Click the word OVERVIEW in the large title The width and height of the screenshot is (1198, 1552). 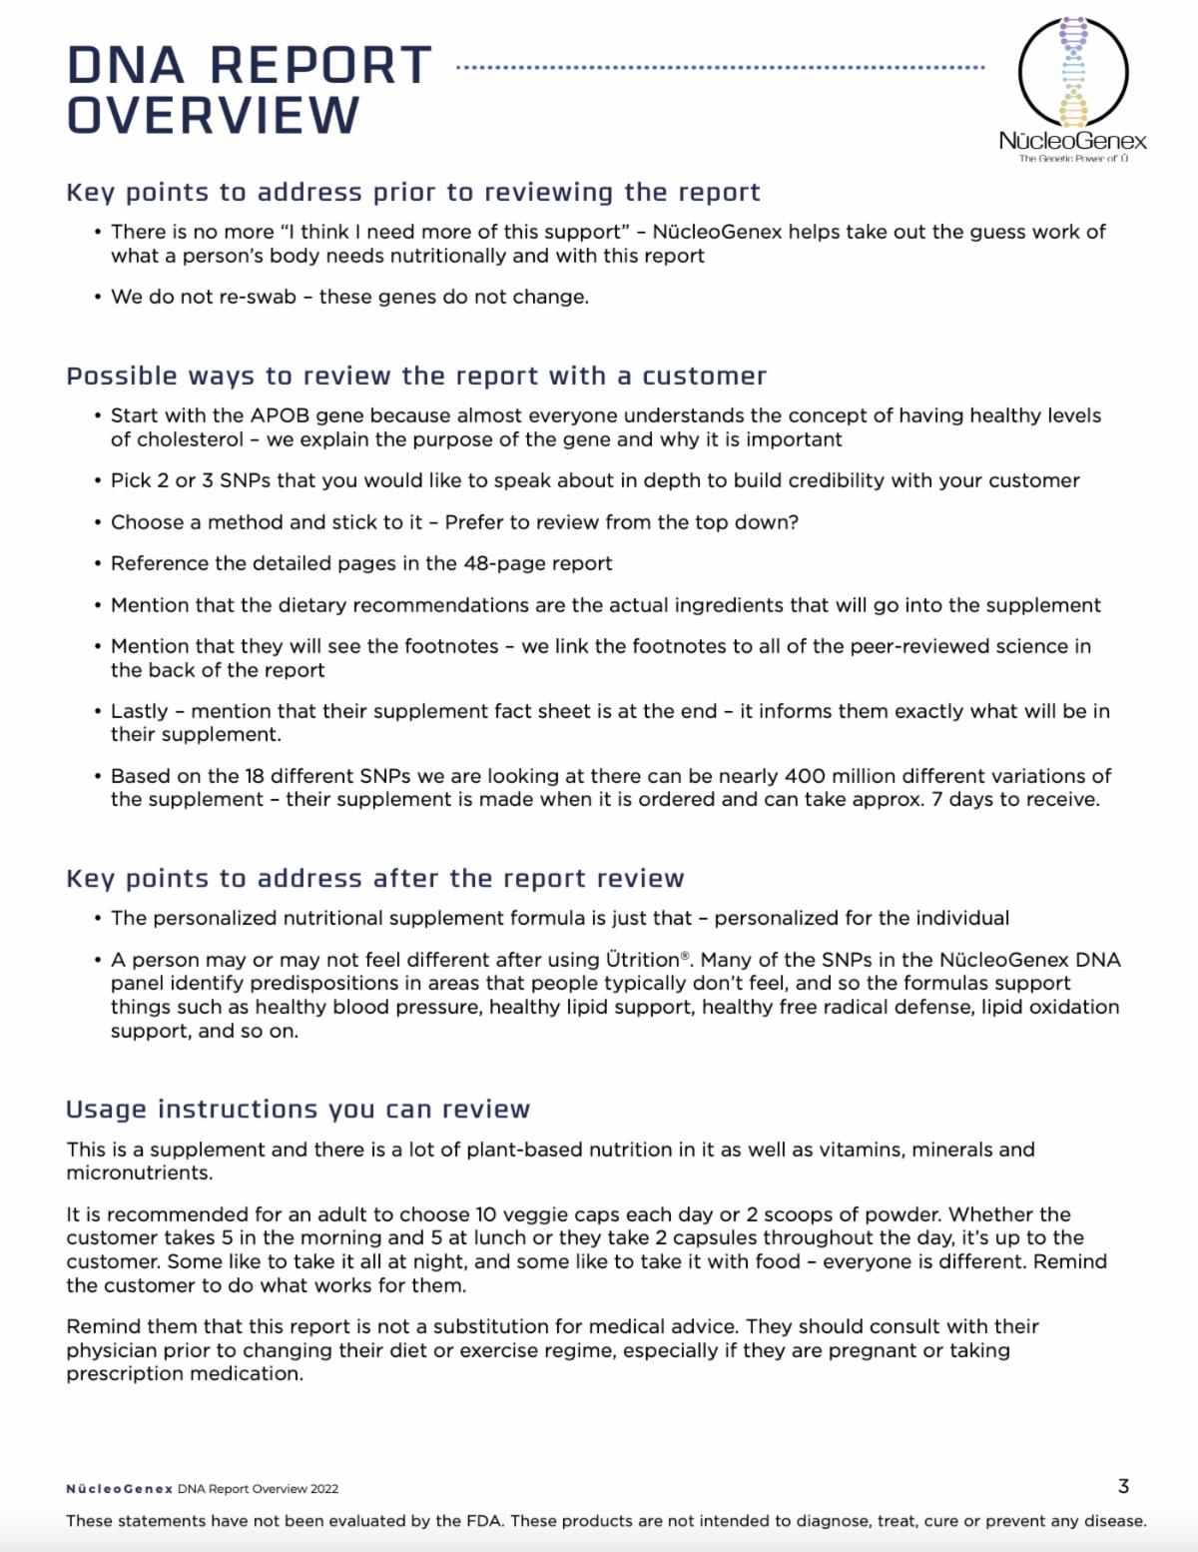click(213, 116)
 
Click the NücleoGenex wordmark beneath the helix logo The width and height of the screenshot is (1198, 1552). click(1072, 141)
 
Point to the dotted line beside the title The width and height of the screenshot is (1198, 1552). click(720, 68)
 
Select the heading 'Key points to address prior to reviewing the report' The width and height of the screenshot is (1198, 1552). click(413, 192)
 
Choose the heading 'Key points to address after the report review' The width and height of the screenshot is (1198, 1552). click(375, 878)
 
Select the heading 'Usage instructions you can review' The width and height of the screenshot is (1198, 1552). click(298, 1110)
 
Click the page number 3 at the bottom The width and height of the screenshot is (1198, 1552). click(1123, 1486)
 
